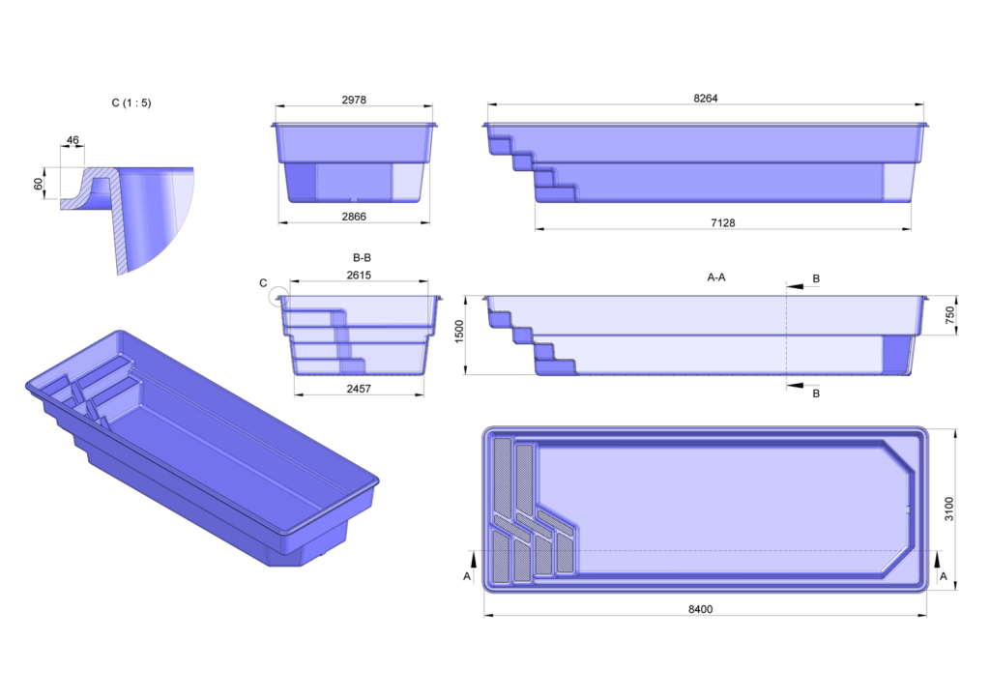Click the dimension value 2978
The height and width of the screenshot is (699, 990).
click(x=353, y=100)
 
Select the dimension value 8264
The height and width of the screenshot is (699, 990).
click(x=706, y=99)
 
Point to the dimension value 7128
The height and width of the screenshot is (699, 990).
click(x=722, y=222)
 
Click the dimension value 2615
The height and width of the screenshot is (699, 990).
click(x=359, y=276)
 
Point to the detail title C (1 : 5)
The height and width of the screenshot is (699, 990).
click(x=131, y=102)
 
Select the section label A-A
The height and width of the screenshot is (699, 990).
click(x=716, y=277)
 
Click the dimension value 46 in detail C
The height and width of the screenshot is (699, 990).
click(x=73, y=141)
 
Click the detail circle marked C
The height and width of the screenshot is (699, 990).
click(x=279, y=297)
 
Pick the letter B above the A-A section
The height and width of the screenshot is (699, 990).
click(x=816, y=279)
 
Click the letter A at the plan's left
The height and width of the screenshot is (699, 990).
click(x=468, y=575)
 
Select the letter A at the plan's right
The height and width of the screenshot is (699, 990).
click(x=944, y=575)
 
